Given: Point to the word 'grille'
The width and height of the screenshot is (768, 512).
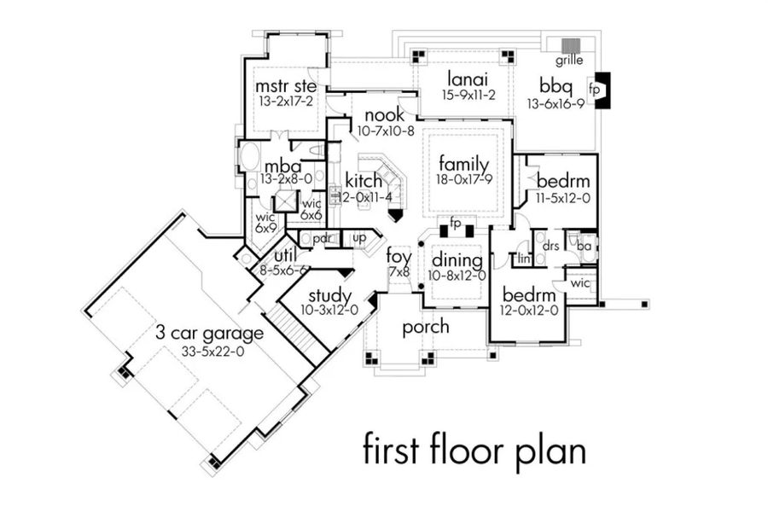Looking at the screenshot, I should pyautogui.click(x=569, y=61).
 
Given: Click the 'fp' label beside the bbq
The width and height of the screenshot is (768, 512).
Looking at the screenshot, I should pyautogui.click(x=594, y=89).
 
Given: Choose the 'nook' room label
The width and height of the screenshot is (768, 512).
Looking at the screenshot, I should pyautogui.click(x=384, y=115).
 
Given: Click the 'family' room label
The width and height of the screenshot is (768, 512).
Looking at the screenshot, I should pyautogui.click(x=463, y=164).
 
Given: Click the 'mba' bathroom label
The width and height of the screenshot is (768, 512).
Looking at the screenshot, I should pyautogui.click(x=282, y=165).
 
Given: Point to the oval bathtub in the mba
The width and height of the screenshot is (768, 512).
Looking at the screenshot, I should pyautogui.click(x=251, y=158).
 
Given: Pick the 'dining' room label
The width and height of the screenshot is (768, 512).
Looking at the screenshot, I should pyautogui.click(x=457, y=260).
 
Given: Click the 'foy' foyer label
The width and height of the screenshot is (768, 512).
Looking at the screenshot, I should pyautogui.click(x=399, y=255).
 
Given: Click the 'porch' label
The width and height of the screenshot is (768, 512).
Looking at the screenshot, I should pyautogui.click(x=426, y=326).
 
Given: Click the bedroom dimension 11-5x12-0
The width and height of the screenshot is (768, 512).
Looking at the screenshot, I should pyautogui.click(x=562, y=197).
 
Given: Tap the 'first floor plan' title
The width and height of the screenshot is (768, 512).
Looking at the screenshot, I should pyautogui.click(x=474, y=450).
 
